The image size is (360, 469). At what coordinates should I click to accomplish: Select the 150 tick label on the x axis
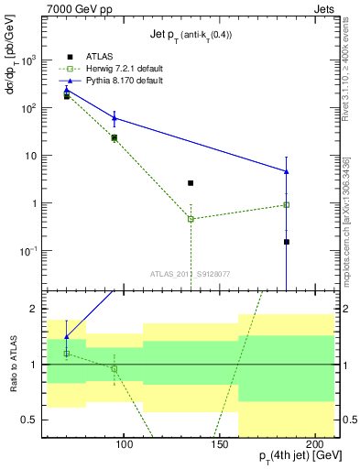(x=218, y=443)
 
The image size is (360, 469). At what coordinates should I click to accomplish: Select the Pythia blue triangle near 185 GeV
(x=287, y=171)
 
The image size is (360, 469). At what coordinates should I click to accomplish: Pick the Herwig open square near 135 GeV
(x=191, y=219)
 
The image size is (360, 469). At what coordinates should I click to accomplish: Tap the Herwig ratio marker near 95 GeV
(x=115, y=368)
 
